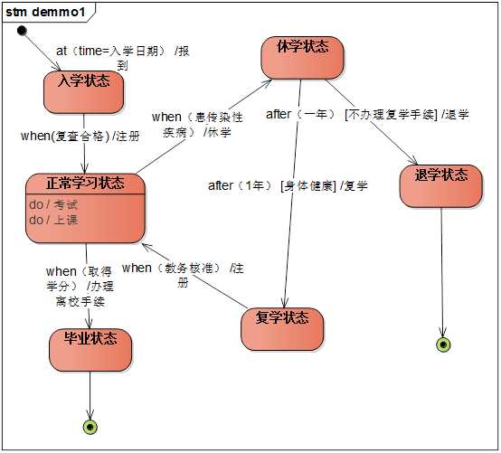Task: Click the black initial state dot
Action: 22,31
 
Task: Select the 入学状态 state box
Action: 83,92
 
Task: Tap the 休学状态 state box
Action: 302,58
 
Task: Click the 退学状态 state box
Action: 441,186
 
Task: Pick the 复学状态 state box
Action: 282,329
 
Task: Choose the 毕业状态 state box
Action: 90,350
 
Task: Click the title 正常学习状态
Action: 85,183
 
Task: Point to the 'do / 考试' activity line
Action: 53,204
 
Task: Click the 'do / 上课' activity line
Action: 53,220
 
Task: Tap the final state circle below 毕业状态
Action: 90,427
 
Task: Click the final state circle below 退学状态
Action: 443,344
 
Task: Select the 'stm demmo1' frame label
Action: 46,12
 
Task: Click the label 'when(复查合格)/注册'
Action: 80,137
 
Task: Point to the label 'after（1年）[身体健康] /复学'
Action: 288,185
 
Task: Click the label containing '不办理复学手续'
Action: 367,114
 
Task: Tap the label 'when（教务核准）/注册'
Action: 183,275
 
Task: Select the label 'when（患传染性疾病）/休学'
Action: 197,124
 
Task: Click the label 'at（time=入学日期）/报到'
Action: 123,58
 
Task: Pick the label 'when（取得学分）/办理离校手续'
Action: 80,286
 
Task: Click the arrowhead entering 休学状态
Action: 268,81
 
